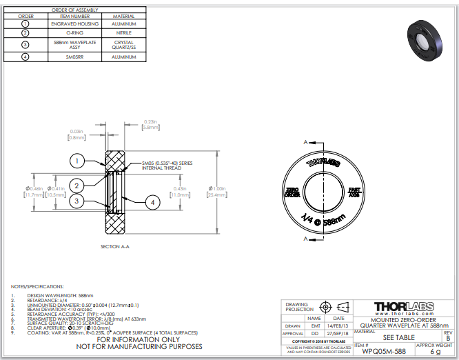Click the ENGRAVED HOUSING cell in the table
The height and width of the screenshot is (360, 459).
(77, 23)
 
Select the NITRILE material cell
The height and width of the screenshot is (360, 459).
(123, 32)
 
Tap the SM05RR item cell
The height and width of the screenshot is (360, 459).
(77, 56)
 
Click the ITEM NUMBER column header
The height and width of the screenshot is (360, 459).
(77, 15)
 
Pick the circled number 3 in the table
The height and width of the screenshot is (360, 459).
(25, 44)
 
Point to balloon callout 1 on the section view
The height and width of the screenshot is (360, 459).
(77, 161)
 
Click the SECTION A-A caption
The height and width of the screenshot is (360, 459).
(115, 246)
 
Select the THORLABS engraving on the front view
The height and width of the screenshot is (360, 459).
(323, 163)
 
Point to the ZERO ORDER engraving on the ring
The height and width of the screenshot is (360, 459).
(292, 191)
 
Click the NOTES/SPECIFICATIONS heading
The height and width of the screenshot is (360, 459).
(38, 286)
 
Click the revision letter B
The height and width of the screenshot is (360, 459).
(449, 337)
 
